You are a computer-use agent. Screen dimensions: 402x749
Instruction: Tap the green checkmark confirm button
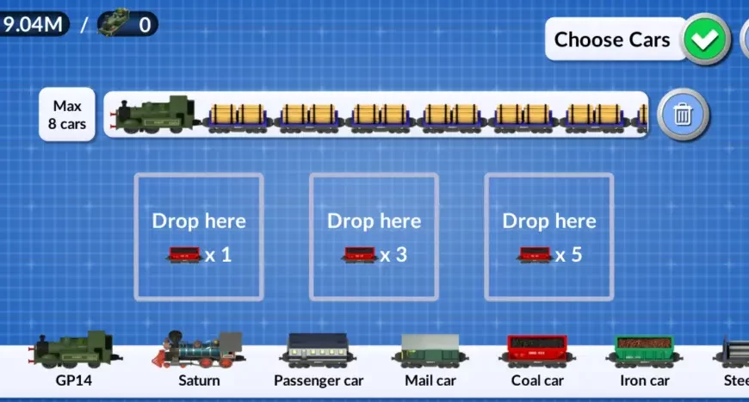(707, 39)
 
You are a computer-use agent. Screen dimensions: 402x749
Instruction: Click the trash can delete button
(683, 114)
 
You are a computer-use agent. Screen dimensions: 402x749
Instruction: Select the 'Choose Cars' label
(611, 40)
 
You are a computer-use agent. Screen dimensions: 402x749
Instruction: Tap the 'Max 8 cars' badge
(68, 114)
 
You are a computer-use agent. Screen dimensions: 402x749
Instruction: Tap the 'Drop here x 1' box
(199, 237)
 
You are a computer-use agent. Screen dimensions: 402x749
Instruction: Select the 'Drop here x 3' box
(374, 237)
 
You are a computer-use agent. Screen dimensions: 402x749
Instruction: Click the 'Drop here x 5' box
(548, 237)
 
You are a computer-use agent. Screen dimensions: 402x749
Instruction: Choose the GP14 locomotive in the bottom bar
(73, 351)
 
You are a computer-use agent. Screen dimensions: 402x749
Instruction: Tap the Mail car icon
(430, 351)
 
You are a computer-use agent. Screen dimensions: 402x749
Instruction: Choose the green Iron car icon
(645, 351)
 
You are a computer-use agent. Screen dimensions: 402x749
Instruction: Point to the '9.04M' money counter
(33, 23)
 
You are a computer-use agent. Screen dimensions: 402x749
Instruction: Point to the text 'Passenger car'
(319, 380)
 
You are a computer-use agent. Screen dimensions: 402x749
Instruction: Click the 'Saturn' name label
(199, 380)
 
